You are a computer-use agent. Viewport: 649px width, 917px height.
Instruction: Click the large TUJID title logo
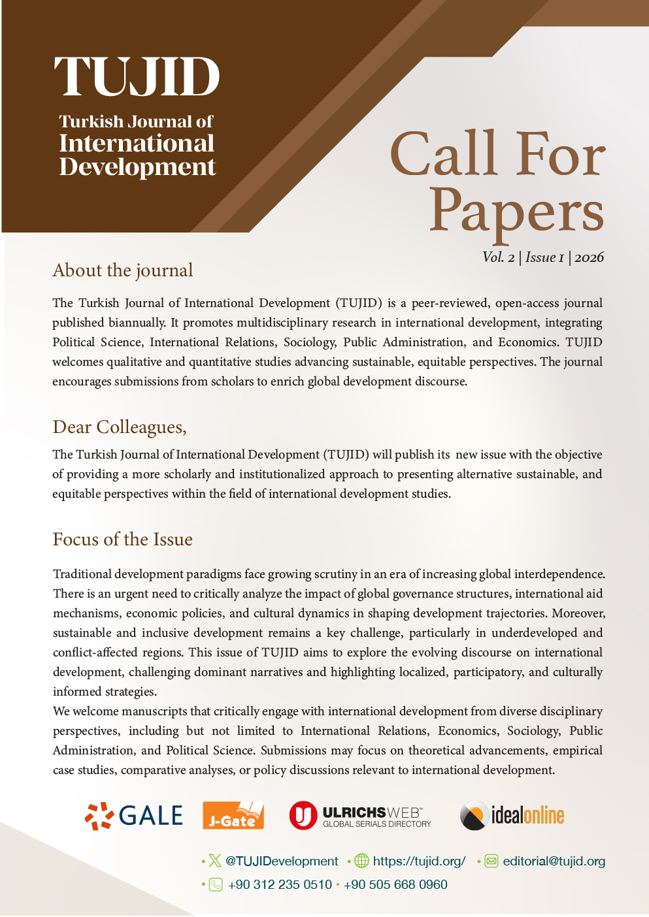point(137,76)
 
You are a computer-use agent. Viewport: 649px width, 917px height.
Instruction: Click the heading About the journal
point(123,270)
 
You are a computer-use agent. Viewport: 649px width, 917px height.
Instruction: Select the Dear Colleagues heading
point(120,427)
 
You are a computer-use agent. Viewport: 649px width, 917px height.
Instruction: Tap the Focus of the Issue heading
point(123,539)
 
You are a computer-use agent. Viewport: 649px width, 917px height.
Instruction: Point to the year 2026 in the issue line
point(590,257)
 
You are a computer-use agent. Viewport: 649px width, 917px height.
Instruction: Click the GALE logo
point(134,816)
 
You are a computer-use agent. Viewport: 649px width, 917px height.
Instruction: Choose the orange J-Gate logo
point(233,816)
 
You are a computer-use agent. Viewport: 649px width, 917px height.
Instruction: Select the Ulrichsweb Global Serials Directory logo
point(360,816)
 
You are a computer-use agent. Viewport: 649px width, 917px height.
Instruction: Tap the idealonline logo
point(512,816)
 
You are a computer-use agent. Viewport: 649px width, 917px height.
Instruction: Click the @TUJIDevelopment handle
point(282,861)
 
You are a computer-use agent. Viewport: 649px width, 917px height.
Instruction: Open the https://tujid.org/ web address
point(419,861)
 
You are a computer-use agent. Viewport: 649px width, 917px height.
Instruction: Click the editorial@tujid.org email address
point(554,861)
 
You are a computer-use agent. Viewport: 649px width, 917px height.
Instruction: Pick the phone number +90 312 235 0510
point(280,885)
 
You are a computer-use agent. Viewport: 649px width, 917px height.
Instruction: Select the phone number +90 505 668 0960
point(395,885)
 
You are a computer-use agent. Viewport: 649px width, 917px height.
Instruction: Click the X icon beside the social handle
point(215,861)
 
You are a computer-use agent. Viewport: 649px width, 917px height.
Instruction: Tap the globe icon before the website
point(361,861)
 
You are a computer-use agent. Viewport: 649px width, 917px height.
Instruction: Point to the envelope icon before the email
point(491,861)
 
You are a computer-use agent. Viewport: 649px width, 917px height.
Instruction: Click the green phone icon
point(216,885)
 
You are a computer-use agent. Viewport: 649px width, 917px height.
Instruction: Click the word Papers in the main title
point(516,210)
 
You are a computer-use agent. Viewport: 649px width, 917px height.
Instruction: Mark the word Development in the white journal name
point(137,167)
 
